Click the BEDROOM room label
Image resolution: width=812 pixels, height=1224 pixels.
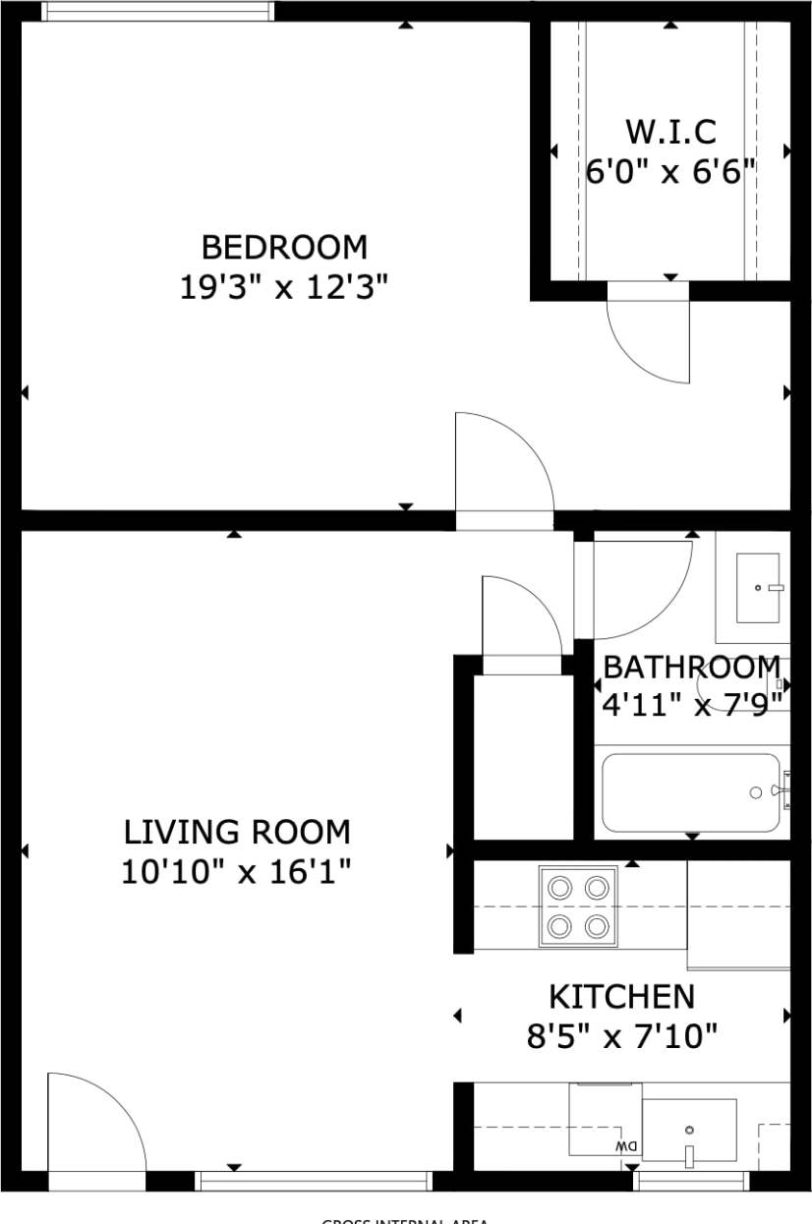point(284,246)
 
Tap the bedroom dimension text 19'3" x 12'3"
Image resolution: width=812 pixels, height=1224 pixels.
point(284,288)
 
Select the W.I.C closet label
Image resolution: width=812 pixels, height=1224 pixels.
point(670,131)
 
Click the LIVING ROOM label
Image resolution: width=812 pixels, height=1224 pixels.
point(237,833)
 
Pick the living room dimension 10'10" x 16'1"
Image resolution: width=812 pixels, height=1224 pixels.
point(237,872)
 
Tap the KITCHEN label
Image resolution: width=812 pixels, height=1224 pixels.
point(621,997)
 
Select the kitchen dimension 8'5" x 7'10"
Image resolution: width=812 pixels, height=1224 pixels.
point(621,1036)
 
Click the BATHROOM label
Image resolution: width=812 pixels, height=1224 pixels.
point(691,668)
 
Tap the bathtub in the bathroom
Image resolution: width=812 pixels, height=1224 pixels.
point(692,792)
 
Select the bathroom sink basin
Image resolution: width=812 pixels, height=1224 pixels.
point(758,587)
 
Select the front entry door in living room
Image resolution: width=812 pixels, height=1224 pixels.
point(95,1123)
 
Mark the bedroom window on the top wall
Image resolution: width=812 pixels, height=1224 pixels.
point(157,12)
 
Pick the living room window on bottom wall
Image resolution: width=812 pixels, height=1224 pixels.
point(314,1181)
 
